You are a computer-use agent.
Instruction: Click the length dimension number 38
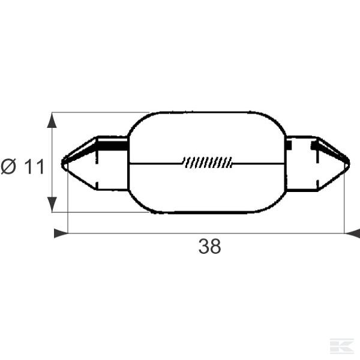(209, 246)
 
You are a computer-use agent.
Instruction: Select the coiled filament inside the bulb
(208, 162)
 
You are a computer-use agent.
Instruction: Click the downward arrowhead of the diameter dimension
(52, 204)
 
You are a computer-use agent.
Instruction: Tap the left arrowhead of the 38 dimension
(61, 233)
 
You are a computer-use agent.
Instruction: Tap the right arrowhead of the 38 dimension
(352, 233)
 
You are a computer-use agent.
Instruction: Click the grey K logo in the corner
(342, 346)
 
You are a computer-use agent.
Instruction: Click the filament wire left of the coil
(156, 163)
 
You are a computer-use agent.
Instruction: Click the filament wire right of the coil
(258, 163)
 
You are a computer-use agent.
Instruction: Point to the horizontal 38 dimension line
(150, 233)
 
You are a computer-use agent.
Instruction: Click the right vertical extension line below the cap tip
(344, 204)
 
